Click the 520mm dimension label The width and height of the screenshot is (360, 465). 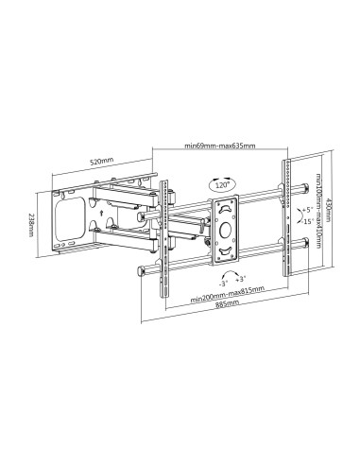coord(101,162)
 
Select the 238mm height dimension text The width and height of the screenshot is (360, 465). coord(31,225)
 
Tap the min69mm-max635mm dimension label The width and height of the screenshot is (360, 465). coord(220,146)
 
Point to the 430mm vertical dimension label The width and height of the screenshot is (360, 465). coord(328,209)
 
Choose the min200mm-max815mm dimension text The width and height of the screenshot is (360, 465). coord(228,294)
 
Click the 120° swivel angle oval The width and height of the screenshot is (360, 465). coord(222,184)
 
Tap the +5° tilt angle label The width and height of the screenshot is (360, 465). coord(306,210)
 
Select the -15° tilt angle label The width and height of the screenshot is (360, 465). coord(307,221)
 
